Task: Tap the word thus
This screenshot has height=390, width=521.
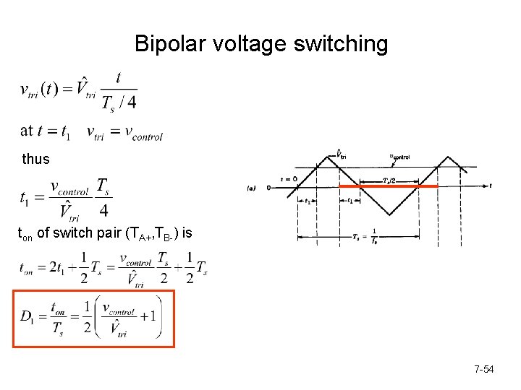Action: pyautogui.click(x=36, y=159)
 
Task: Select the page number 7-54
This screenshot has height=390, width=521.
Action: pyautogui.click(x=484, y=370)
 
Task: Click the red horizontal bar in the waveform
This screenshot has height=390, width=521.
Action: pyautogui.click(x=391, y=186)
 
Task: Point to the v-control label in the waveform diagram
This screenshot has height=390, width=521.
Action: pyautogui.click(x=399, y=155)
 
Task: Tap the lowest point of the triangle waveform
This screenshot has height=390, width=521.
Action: pyautogui.click(x=391, y=214)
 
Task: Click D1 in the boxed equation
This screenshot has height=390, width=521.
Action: pyautogui.click(x=30, y=318)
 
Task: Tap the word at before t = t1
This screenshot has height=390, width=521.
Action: pyautogui.click(x=27, y=131)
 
